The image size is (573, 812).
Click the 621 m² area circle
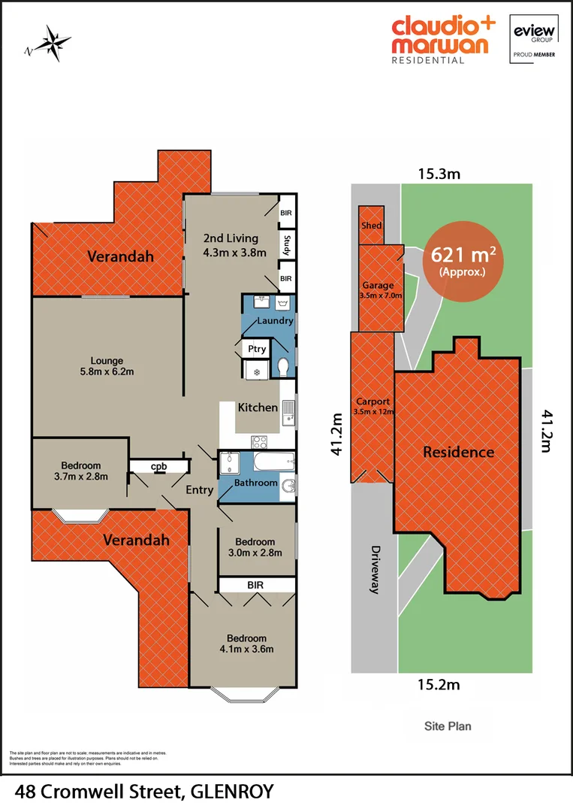coord(463,262)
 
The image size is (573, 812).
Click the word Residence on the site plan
coord(458,452)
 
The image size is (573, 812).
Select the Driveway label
coord(374,569)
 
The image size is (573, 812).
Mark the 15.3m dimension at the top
coord(439,174)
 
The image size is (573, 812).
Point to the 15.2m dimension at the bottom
coord(439,685)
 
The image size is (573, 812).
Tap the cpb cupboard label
coord(158,467)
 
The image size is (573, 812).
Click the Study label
coord(286,245)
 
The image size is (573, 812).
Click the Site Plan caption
coord(447,726)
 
